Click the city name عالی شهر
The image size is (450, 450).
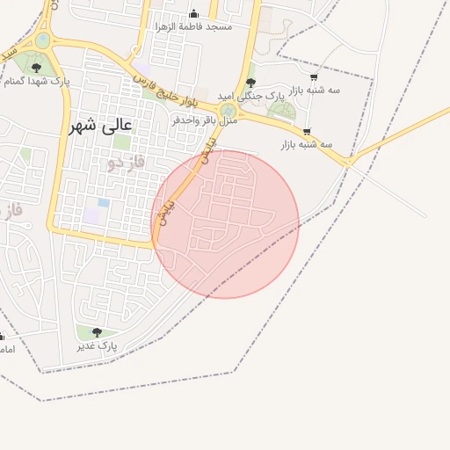pos(102,125)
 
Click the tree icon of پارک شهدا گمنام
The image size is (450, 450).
pos(36,67)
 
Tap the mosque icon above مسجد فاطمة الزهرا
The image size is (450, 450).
pos(194,14)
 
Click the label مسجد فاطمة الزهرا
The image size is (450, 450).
pos(194,27)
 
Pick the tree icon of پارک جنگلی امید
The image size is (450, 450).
pos(250,82)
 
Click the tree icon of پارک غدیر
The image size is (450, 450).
pos(97,332)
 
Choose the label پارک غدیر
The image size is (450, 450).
pos(96,347)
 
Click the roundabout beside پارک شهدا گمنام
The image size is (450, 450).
pos(43,40)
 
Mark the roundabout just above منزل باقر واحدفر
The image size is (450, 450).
pos(228,109)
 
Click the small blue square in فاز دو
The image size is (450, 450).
pos(104,202)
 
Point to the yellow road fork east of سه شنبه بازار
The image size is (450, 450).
pos(348,162)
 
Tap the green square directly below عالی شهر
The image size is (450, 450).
pos(122,142)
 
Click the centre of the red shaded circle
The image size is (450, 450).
pos(225,224)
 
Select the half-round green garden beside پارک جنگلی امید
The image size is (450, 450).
pos(283,110)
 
